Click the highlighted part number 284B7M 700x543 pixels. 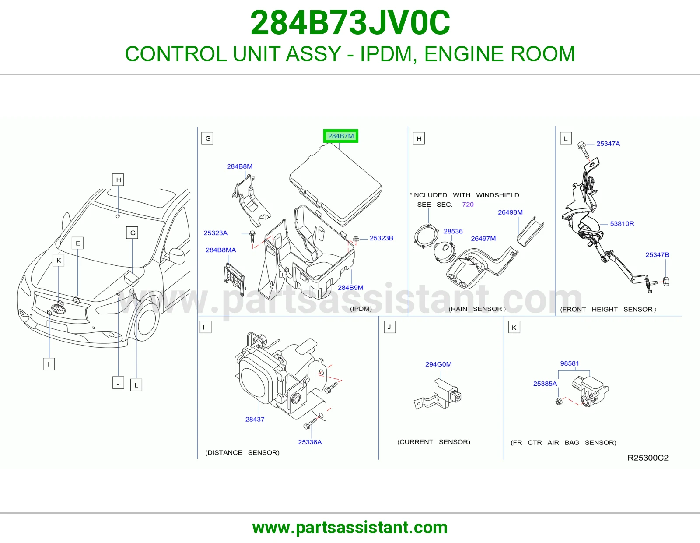341,136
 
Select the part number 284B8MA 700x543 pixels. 220,250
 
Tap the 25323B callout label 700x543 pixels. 381,238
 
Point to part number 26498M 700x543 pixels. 510,212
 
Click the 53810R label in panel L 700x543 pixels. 622,223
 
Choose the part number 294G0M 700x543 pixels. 438,364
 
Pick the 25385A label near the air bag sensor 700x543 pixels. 545,384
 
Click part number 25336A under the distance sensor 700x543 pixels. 310,442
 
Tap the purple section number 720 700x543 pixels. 468,205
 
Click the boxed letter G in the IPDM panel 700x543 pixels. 207,138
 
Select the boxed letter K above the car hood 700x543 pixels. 59,260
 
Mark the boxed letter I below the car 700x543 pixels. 49,364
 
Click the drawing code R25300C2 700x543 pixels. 648,458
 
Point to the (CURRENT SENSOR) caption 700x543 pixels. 434,442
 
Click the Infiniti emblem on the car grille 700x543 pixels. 58,309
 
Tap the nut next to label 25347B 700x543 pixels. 666,282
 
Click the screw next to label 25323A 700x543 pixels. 252,236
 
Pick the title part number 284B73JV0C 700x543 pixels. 350,23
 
